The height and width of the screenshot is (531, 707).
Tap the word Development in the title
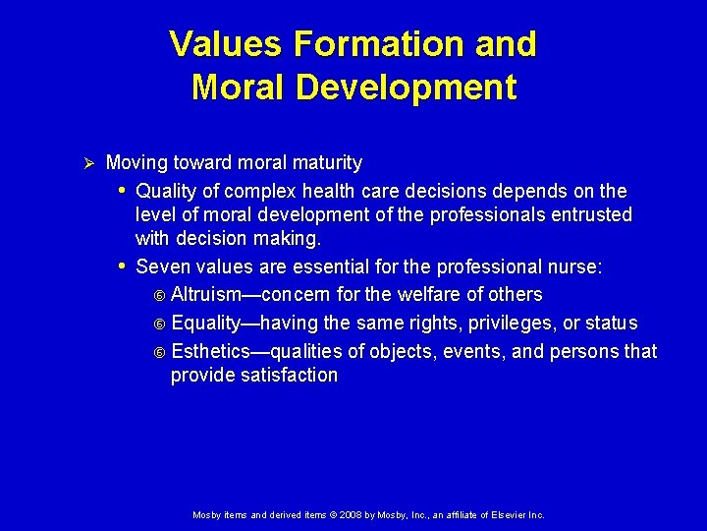[x=406, y=88]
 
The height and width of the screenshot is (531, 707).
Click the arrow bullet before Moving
[x=85, y=163]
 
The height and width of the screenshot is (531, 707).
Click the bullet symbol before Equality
[x=161, y=324]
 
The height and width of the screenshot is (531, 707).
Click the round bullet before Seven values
[x=122, y=266]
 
